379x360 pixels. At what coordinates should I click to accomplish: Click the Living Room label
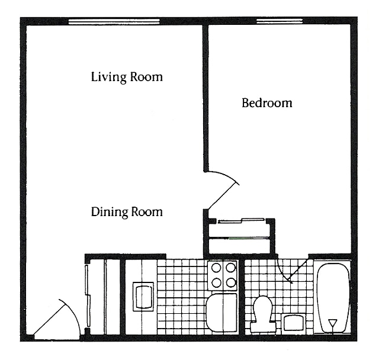[127, 77]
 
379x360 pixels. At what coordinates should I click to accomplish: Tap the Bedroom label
[267, 103]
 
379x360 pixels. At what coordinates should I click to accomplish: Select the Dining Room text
[127, 211]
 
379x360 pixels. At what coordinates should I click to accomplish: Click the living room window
[114, 22]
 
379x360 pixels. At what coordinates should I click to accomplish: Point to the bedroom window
[279, 22]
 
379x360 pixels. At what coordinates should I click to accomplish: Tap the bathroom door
[290, 269]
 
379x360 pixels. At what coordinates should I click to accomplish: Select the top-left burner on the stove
[216, 268]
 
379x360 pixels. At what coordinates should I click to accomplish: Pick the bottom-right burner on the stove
[230, 282]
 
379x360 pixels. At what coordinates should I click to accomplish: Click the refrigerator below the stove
[222, 313]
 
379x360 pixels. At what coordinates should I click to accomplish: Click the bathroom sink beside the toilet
[293, 323]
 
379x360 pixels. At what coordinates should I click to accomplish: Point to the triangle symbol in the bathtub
[332, 324]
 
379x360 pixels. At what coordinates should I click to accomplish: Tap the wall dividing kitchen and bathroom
[242, 296]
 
